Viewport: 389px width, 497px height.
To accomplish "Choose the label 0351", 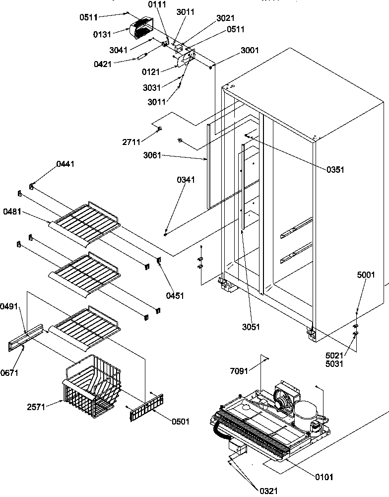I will (x=335, y=170).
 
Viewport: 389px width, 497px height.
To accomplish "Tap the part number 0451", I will (x=175, y=295).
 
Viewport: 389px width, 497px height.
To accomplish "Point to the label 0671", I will (x=9, y=373).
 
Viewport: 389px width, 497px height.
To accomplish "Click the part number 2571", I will (x=37, y=407).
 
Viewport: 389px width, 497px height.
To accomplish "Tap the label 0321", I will (x=269, y=491).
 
